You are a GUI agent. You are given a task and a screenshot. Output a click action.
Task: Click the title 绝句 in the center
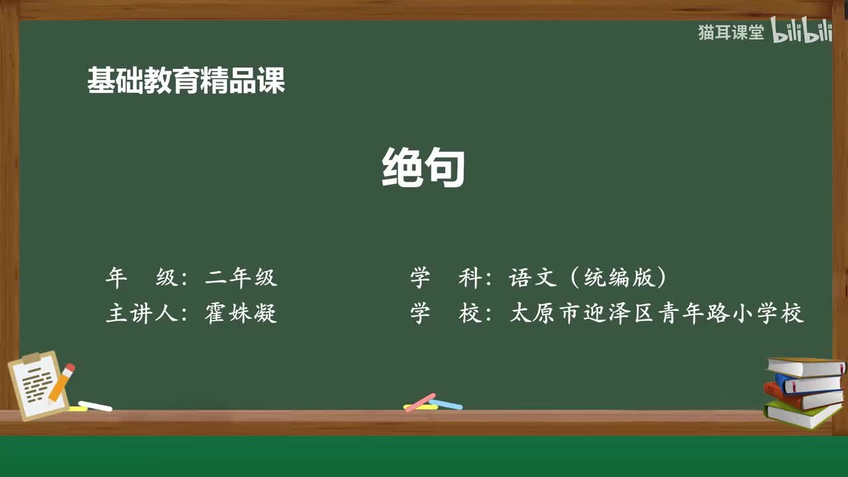point(423,168)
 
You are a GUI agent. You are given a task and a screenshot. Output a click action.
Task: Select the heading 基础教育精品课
point(186,81)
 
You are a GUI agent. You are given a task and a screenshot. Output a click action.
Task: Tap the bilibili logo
point(802,32)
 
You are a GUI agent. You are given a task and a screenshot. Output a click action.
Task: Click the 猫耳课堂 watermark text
point(731,32)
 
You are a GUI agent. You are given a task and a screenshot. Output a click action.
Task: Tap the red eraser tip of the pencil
point(70,367)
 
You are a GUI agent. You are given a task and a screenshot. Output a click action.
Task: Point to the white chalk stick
point(95,405)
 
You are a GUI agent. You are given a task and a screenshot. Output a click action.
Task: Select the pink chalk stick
point(419,402)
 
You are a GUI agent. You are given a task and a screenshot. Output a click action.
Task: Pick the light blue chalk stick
point(446,403)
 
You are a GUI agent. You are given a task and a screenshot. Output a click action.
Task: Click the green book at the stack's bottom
point(802,414)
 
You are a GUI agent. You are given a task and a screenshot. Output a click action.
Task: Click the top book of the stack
point(806,366)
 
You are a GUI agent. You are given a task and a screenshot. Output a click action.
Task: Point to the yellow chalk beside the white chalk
point(77,409)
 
